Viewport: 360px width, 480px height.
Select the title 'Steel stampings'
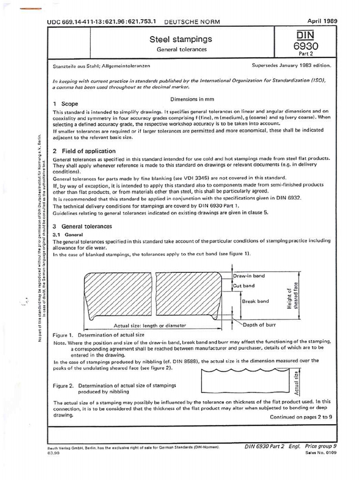[180, 39]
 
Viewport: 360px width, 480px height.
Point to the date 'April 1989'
[322, 21]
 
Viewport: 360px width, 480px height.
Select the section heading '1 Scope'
[66, 104]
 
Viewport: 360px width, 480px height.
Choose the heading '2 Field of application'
[84, 151]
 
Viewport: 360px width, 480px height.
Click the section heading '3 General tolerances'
[82, 226]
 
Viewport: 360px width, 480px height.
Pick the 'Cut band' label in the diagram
[244, 285]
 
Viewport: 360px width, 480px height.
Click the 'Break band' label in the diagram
[255, 301]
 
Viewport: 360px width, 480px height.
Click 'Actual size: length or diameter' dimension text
[150, 325]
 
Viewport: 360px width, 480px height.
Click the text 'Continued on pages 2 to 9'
[301, 417]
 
